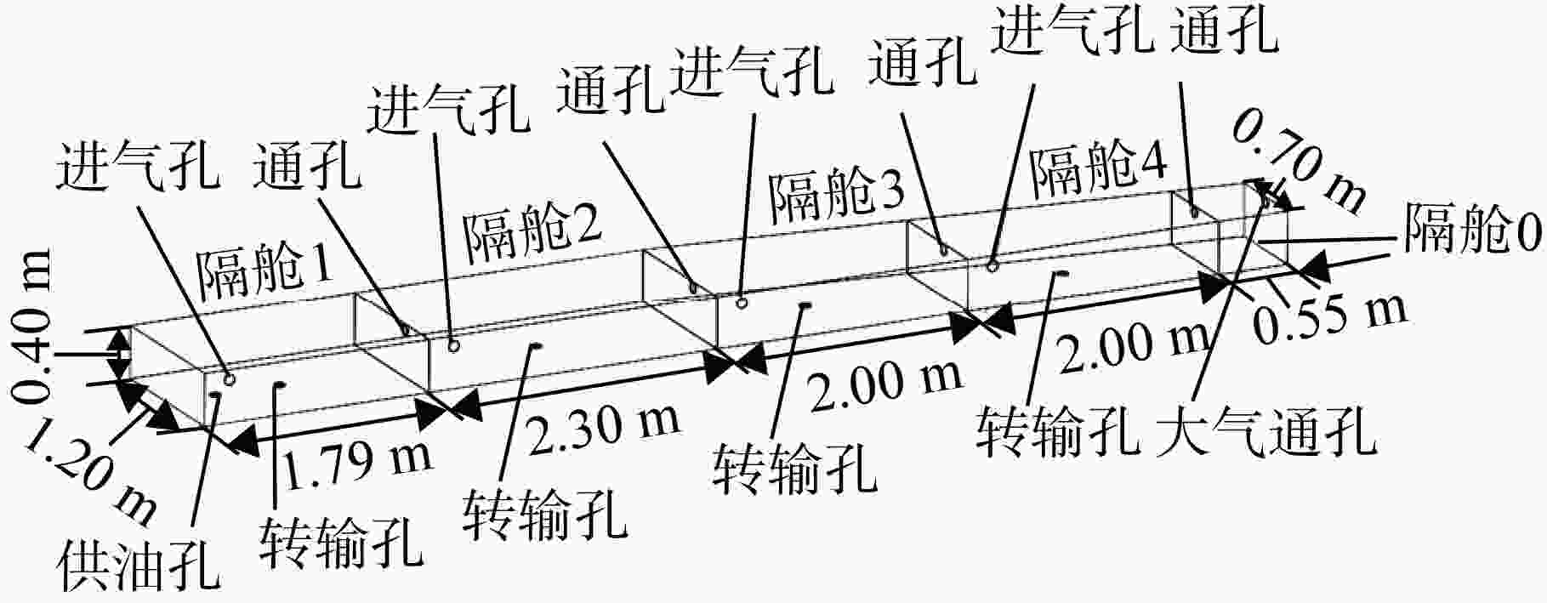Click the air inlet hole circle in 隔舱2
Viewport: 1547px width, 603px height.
(x=455, y=345)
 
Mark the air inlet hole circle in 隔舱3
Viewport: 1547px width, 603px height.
(x=742, y=302)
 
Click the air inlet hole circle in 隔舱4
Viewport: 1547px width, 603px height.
(x=992, y=267)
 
